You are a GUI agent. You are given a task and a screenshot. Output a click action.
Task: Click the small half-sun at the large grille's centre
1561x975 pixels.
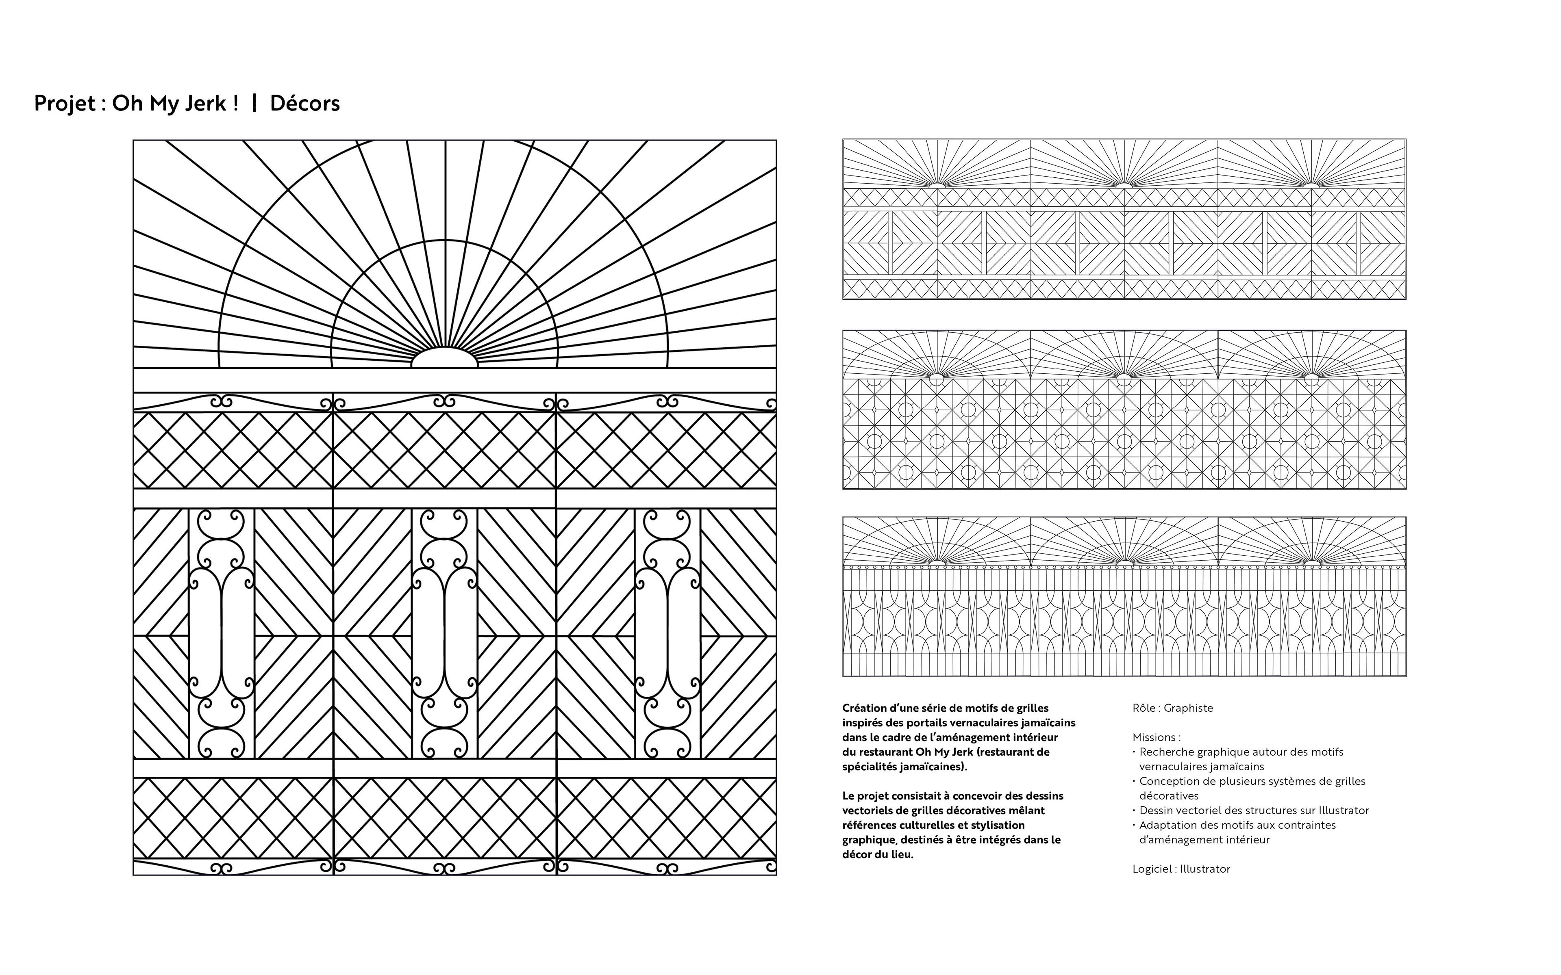pyautogui.click(x=444, y=359)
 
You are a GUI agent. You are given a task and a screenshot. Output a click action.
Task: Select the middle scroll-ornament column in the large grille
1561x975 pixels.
pyautogui.click(x=444, y=633)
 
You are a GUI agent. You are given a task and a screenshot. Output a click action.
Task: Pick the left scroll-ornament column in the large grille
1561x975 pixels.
pyautogui.click(x=221, y=633)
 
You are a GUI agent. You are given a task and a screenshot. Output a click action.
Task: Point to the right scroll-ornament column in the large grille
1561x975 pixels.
pyautogui.click(x=667, y=633)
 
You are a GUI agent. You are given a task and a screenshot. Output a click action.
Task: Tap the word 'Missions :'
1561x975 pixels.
pyautogui.click(x=1157, y=737)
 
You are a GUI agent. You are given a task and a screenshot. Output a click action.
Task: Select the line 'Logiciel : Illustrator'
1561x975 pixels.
pyautogui.click(x=1181, y=869)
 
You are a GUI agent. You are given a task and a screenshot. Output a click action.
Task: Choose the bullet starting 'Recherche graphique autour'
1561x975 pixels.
pyautogui.click(x=1241, y=752)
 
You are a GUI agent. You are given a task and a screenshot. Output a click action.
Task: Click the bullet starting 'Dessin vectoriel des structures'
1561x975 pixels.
pyautogui.click(x=1253, y=810)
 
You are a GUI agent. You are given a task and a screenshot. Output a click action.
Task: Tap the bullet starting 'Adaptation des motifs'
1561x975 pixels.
pyautogui.click(x=1237, y=825)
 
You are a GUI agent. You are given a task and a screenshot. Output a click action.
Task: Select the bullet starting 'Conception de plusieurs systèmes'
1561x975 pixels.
pyautogui.click(x=1252, y=782)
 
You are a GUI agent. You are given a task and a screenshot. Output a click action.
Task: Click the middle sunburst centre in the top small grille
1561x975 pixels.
pyautogui.click(x=1124, y=185)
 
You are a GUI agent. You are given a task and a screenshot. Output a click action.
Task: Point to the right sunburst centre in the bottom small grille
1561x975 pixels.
pyautogui.click(x=1311, y=563)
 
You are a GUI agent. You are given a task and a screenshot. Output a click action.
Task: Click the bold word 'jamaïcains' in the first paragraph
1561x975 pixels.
pyautogui.click(x=1048, y=723)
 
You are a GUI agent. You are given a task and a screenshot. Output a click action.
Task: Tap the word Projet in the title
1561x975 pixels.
pyautogui.click(x=65, y=103)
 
